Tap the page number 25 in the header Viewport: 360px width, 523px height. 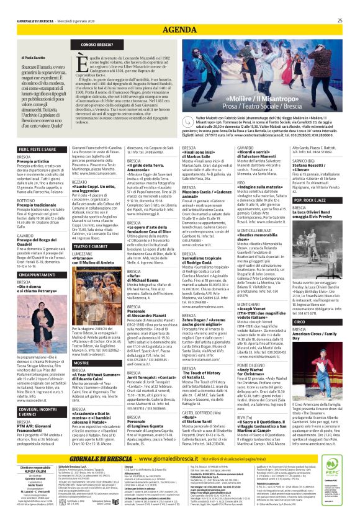point(340,20)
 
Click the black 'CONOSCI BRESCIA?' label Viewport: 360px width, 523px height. point(96,45)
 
